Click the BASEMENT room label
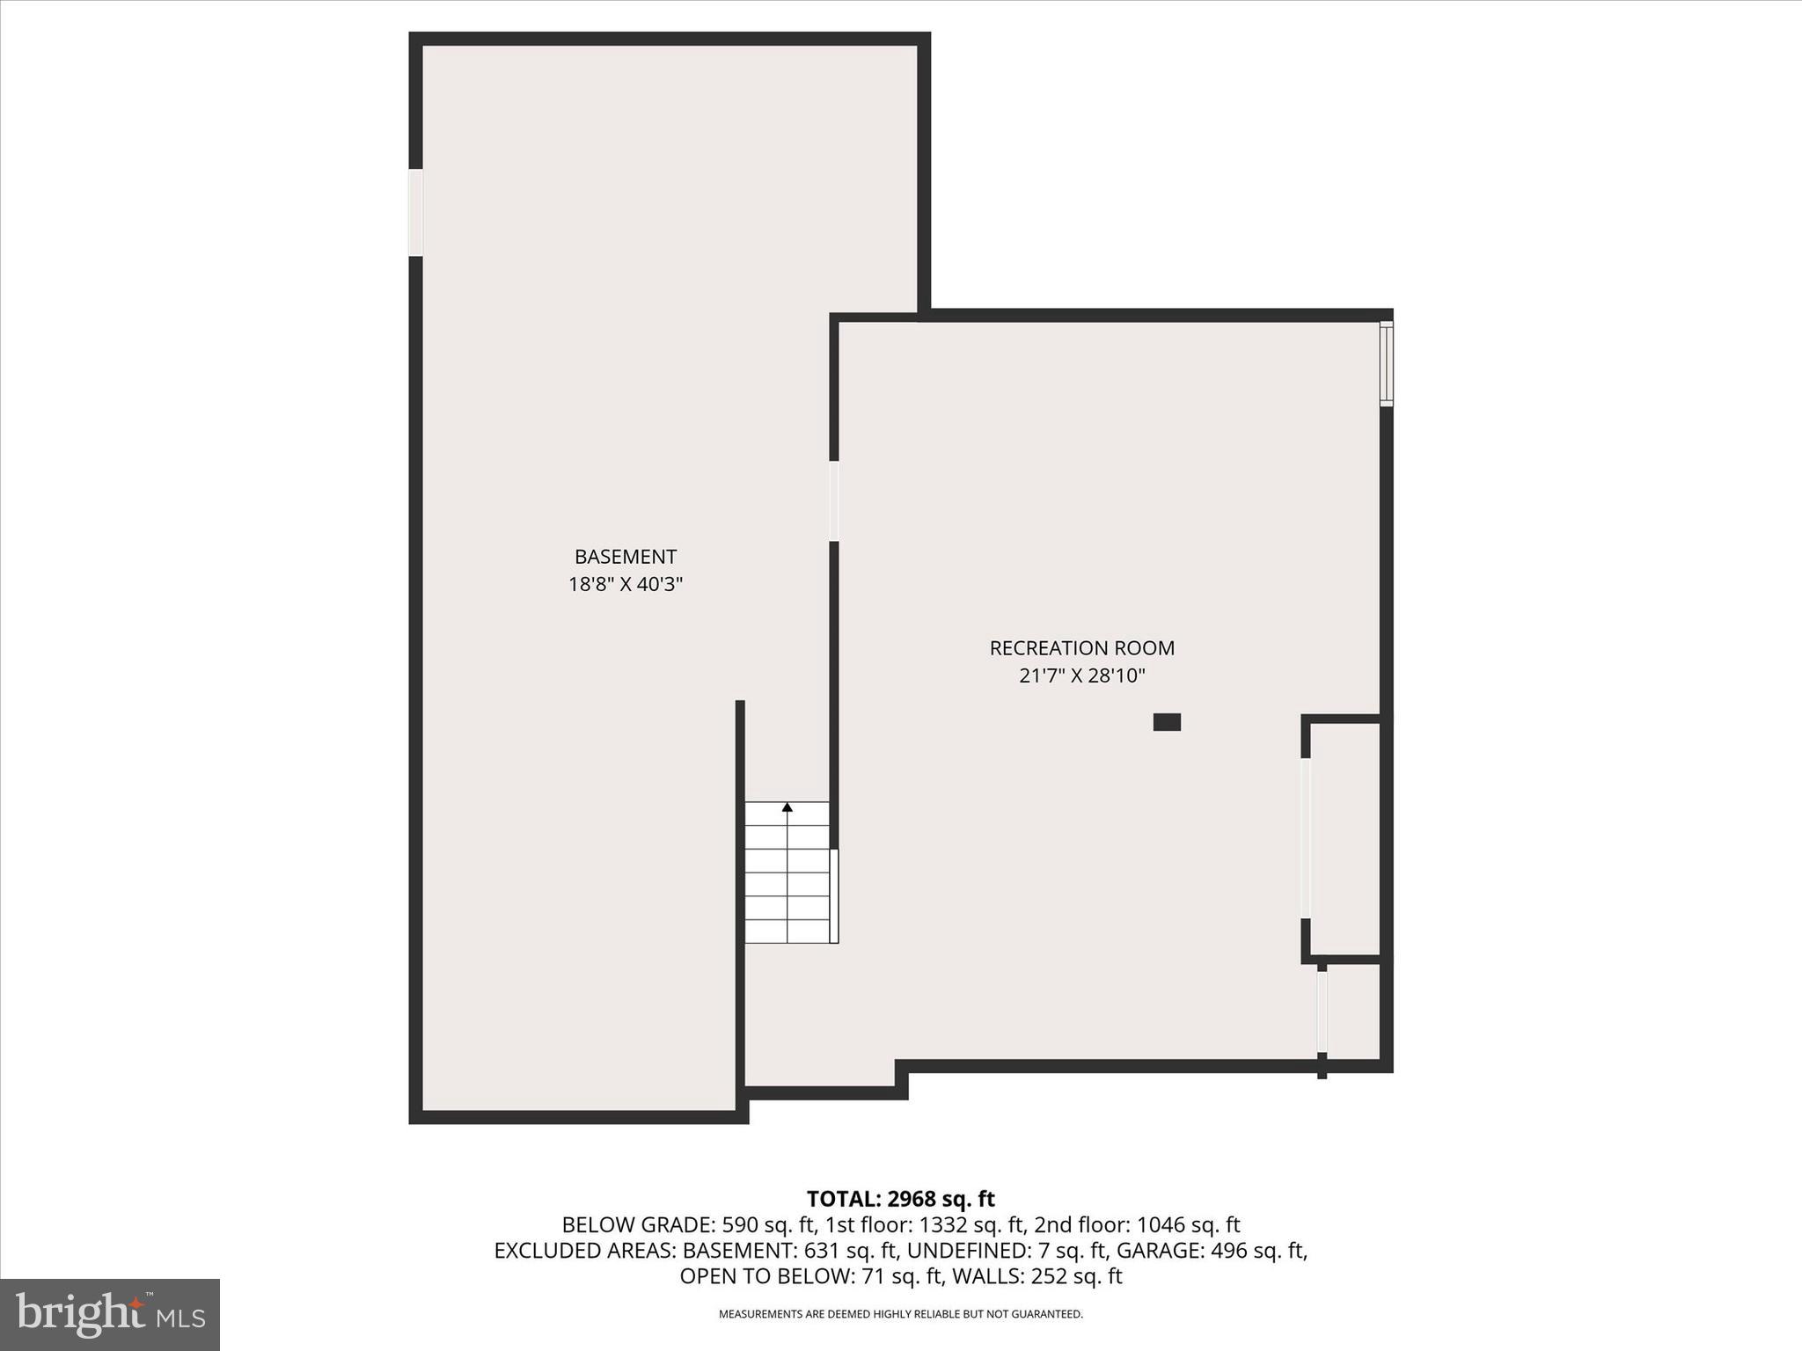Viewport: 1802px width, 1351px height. click(x=626, y=557)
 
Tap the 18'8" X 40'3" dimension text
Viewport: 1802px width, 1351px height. click(x=626, y=584)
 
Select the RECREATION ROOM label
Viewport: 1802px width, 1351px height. click(x=1081, y=648)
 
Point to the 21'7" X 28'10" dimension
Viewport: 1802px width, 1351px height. click(x=1081, y=675)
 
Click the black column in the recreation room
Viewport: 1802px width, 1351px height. click(x=1167, y=722)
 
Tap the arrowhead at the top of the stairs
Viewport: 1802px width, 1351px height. click(x=787, y=807)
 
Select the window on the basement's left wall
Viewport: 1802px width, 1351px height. click(x=415, y=212)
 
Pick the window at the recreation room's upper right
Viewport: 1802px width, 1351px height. click(x=1386, y=363)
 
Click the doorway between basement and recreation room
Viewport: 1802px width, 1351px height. click(x=833, y=500)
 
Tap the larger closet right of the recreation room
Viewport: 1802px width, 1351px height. click(x=1344, y=837)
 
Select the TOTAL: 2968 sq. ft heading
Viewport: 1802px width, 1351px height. click(x=900, y=1199)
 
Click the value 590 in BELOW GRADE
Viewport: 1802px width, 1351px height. click(x=740, y=1224)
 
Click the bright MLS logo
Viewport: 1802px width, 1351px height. click(x=110, y=1315)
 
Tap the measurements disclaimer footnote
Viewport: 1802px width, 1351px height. click(x=900, y=1314)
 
